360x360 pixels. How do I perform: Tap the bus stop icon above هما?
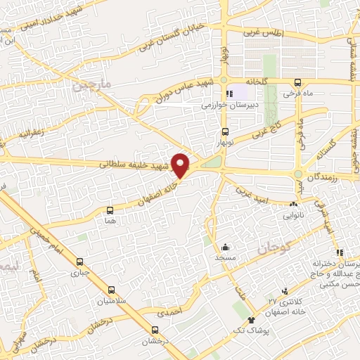pos(110,210)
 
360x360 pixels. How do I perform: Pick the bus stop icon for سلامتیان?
pos(112,290)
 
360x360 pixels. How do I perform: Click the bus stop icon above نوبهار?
pos(224,131)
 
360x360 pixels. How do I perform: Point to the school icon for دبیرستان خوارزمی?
pos(228,94)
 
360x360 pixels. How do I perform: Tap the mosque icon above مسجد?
pos(225,247)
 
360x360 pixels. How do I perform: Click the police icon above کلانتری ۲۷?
pos(285,290)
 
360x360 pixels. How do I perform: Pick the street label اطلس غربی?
pos(262,32)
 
